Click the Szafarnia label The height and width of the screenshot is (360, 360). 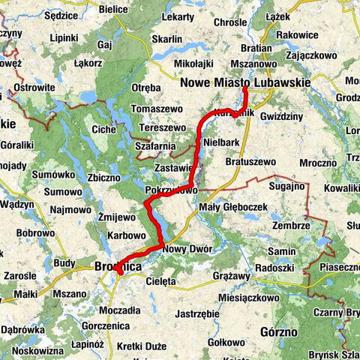(x=155, y=144)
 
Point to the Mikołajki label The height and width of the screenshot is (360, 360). (x=190, y=64)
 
